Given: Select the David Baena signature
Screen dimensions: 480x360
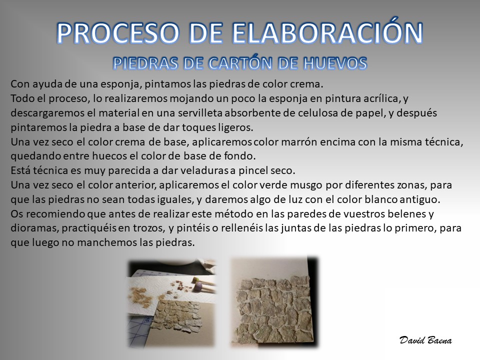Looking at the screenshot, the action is (425, 340).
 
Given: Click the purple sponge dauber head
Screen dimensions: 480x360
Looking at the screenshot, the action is (198, 288).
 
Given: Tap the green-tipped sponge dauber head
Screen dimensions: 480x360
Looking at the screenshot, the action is (194, 280).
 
